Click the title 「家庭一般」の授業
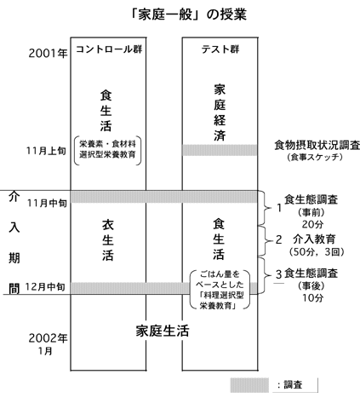coord(188,14)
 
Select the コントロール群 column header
coord(109,49)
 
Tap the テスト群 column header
coord(220,49)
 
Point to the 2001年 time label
coord(48,53)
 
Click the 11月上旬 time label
coord(46,151)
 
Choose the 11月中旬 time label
coord(47,203)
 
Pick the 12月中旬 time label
coord(45,287)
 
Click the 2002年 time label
coord(48,338)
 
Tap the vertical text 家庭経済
coord(220,113)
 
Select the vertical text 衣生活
coord(108,240)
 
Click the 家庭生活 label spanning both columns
coord(163,331)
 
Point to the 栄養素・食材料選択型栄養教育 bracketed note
coord(107,150)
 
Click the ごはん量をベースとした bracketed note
coord(220,290)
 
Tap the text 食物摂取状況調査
coord(317,145)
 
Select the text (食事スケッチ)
coord(314,157)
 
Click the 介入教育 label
coord(314,239)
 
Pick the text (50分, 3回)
coord(317,252)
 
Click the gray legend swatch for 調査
coord(249,385)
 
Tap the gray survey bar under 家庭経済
coord(220,150)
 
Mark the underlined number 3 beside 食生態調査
coord(279,274)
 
